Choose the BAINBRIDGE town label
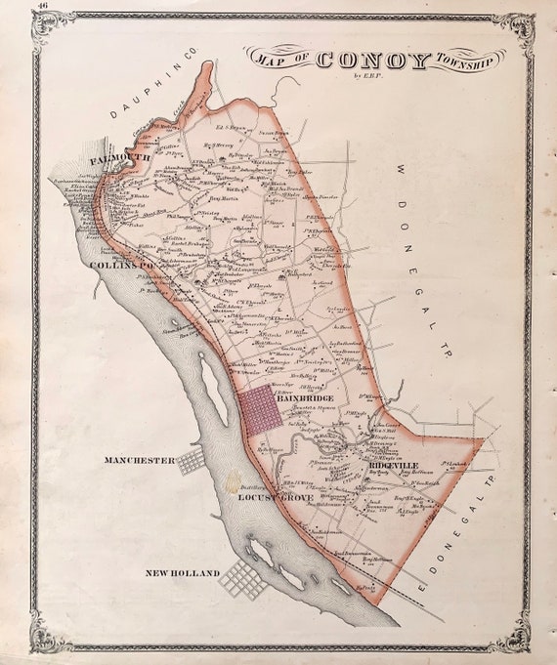click(305, 398)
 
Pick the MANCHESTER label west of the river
click(140, 460)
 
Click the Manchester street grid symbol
click(191, 462)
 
